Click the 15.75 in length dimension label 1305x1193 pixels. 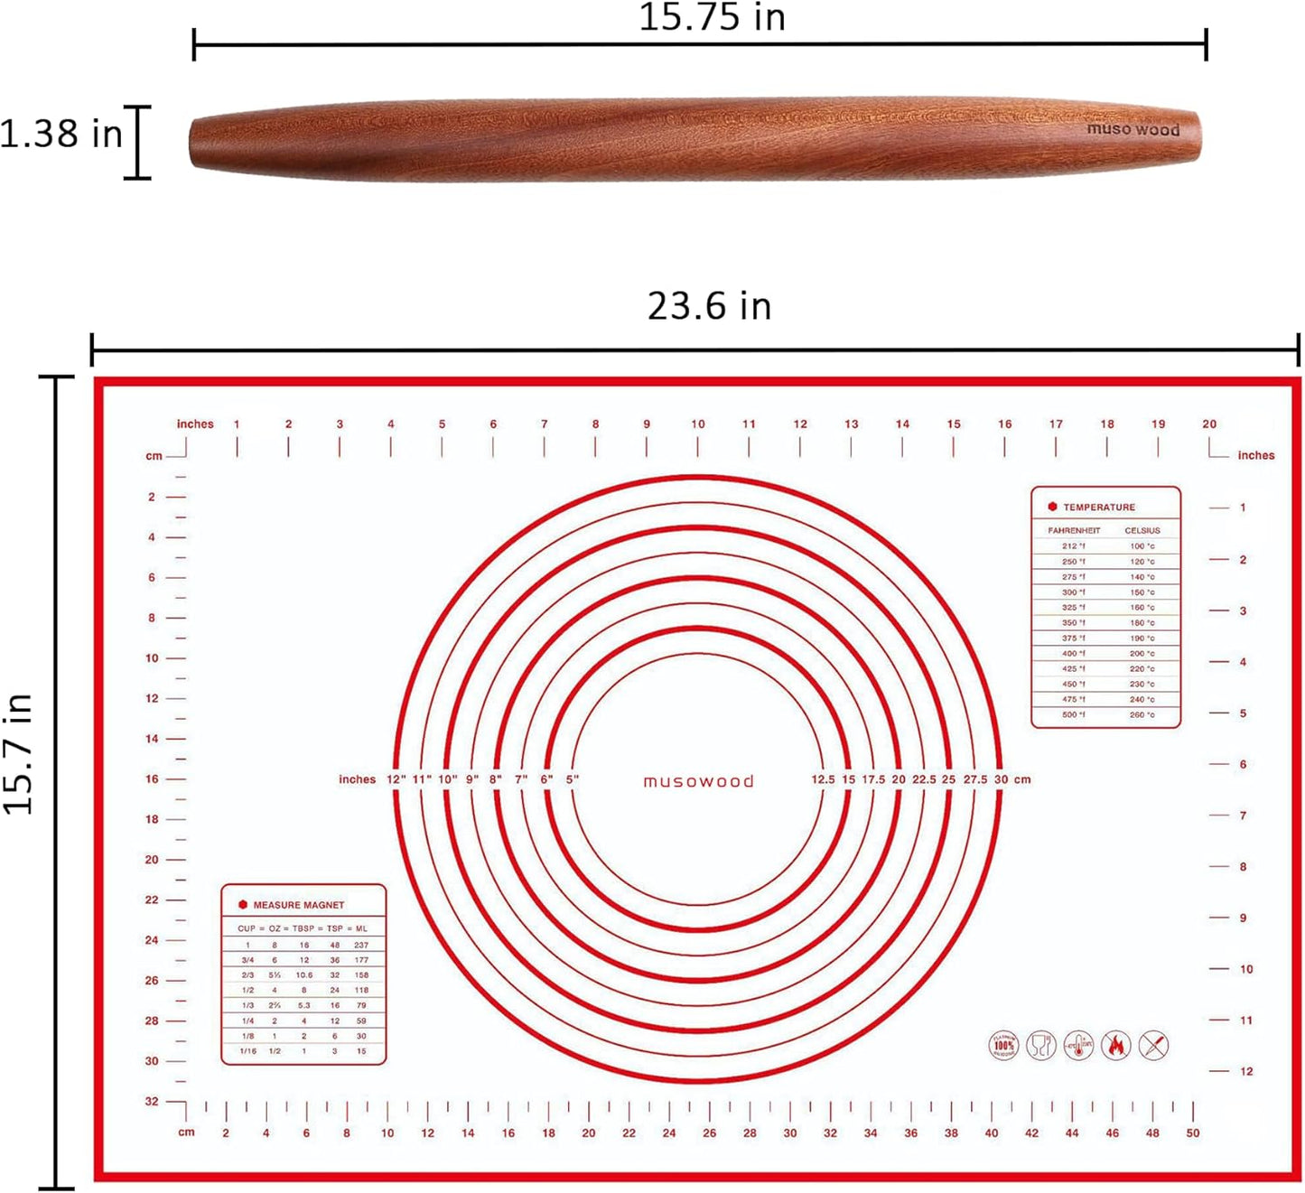[712, 17]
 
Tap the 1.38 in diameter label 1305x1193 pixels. [61, 134]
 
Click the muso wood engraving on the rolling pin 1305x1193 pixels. [1133, 129]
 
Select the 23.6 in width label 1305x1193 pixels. [709, 306]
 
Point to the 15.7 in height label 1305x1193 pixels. [19, 755]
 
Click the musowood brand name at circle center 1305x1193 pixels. [698, 781]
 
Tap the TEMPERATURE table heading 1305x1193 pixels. [1098, 508]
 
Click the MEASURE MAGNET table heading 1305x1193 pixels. [298, 905]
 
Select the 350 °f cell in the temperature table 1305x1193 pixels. [1073, 623]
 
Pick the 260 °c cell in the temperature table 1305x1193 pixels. [1142, 715]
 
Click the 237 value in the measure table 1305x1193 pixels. [361, 945]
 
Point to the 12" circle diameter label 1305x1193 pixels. [396, 779]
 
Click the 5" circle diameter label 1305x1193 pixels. [573, 779]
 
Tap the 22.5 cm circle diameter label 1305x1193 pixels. [924, 779]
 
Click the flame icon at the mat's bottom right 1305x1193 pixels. [1116, 1046]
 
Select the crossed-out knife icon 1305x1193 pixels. [1154, 1046]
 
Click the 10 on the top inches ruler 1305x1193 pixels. [698, 424]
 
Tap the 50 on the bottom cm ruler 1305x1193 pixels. [1193, 1132]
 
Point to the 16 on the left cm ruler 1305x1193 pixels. [152, 778]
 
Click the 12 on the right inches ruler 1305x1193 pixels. [1246, 1071]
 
